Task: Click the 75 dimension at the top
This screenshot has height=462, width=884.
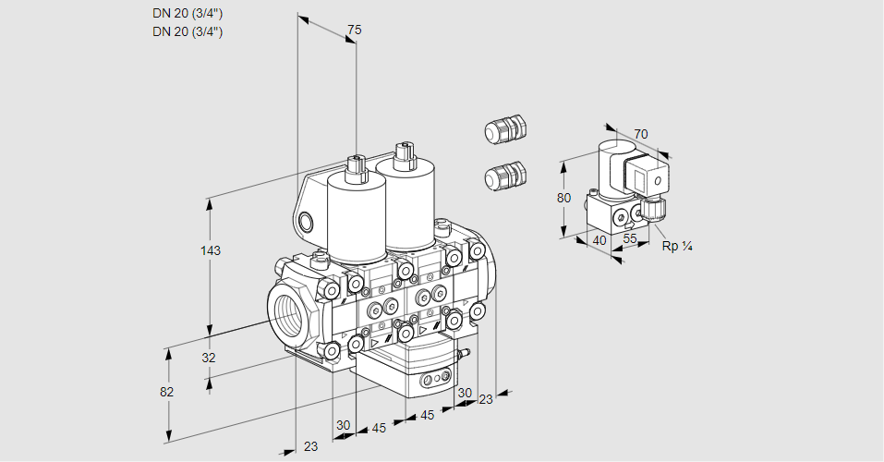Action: (354, 30)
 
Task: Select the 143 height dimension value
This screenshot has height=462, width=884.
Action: (212, 250)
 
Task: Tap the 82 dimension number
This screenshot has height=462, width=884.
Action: (166, 392)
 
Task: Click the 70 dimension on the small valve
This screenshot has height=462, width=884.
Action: (641, 135)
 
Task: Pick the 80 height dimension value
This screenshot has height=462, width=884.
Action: (564, 198)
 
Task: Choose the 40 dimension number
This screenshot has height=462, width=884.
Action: (598, 240)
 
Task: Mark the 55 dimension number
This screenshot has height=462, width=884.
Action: (631, 238)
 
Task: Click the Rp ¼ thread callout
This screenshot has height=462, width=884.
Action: (677, 247)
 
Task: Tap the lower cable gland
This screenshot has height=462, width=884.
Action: (504, 175)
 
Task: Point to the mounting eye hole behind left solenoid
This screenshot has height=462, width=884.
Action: (307, 221)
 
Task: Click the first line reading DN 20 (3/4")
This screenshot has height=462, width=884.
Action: (188, 14)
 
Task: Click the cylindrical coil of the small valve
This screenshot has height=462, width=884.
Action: (611, 167)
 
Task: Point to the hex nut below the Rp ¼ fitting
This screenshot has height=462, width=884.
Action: (656, 211)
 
